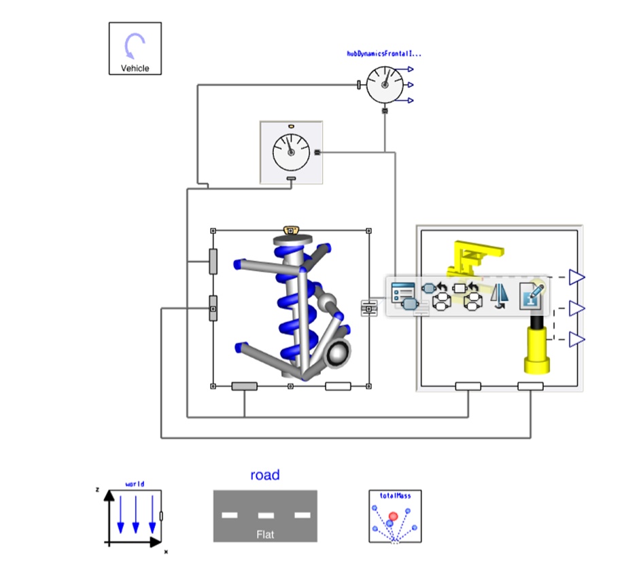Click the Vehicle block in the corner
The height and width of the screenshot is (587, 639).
click(x=135, y=48)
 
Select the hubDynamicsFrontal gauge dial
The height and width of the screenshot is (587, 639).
click(x=384, y=85)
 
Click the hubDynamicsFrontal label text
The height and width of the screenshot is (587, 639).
click(x=384, y=54)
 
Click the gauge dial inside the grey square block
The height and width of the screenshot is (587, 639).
click(x=291, y=152)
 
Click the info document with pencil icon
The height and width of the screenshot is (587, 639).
click(x=532, y=296)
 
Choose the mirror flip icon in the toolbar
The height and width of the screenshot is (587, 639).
click(x=499, y=296)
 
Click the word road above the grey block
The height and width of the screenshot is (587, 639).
click(x=265, y=475)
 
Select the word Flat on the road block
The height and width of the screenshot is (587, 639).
click(x=265, y=534)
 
